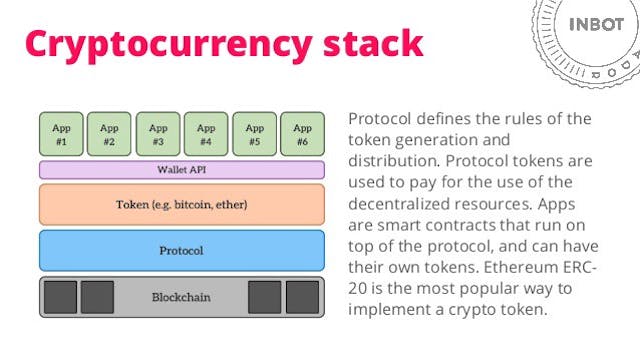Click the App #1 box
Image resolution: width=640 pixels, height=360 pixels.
tap(60, 134)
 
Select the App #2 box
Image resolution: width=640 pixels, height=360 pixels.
tap(109, 134)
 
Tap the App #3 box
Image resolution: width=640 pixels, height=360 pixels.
tap(157, 134)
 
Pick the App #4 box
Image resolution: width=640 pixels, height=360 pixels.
tap(206, 134)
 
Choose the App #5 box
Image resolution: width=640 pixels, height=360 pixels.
tap(254, 134)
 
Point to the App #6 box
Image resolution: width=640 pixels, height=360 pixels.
tap(302, 134)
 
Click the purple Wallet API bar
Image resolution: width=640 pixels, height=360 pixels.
tap(181, 170)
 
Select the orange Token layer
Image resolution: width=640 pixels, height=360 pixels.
tap(181, 204)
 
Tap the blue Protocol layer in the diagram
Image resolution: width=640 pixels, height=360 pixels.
tap(181, 250)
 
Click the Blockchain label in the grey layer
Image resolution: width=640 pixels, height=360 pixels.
tap(181, 297)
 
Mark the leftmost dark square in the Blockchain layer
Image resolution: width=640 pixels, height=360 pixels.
tap(60, 297)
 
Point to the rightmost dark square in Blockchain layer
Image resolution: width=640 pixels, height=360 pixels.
tap(302, 297)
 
